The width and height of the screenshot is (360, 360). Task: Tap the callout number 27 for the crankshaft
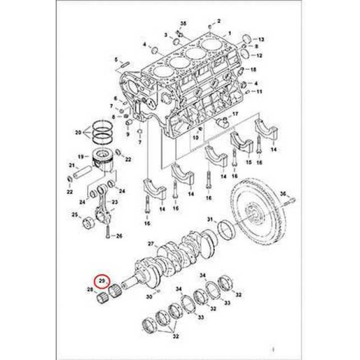[x=151, y=244]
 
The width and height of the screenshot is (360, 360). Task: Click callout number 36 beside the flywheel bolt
[x=283, y=193]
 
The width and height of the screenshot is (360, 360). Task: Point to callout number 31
[x=210, y=219]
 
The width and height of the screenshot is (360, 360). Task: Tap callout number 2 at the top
[x=219, y=21]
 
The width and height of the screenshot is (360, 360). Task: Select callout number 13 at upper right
[x=261, y=39]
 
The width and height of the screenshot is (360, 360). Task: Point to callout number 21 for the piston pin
[x=71, y=166]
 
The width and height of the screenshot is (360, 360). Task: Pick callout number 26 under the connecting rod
[x=119, y=235]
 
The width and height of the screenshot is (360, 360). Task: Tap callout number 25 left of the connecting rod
[x=75, y=215]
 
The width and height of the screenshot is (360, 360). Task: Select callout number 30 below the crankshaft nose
[x=149, y=297]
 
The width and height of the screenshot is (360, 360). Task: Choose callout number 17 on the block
[x=235, y=114]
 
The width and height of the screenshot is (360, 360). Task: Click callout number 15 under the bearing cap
[x=247, y=162]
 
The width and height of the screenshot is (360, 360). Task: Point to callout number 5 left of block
[x=116, y=59]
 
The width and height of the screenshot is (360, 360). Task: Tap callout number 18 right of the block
[x=253, y=69]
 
